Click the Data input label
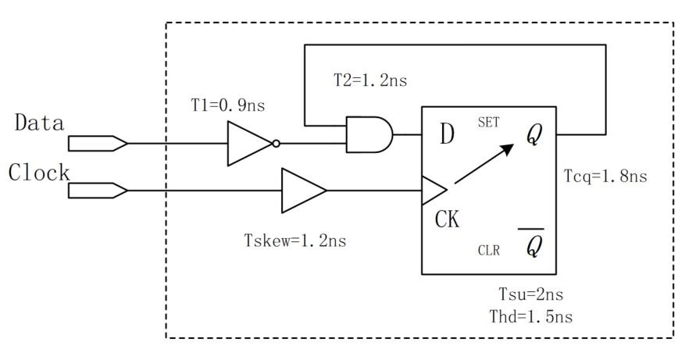coord(39,123)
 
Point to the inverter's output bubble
coord(276,144)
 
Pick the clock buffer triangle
coord(303,191)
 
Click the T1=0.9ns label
coord(223,105)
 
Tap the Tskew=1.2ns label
coord(296,240)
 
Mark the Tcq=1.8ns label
coord(605,176)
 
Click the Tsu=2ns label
coord(531,295)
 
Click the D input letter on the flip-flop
coord(446,134)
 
